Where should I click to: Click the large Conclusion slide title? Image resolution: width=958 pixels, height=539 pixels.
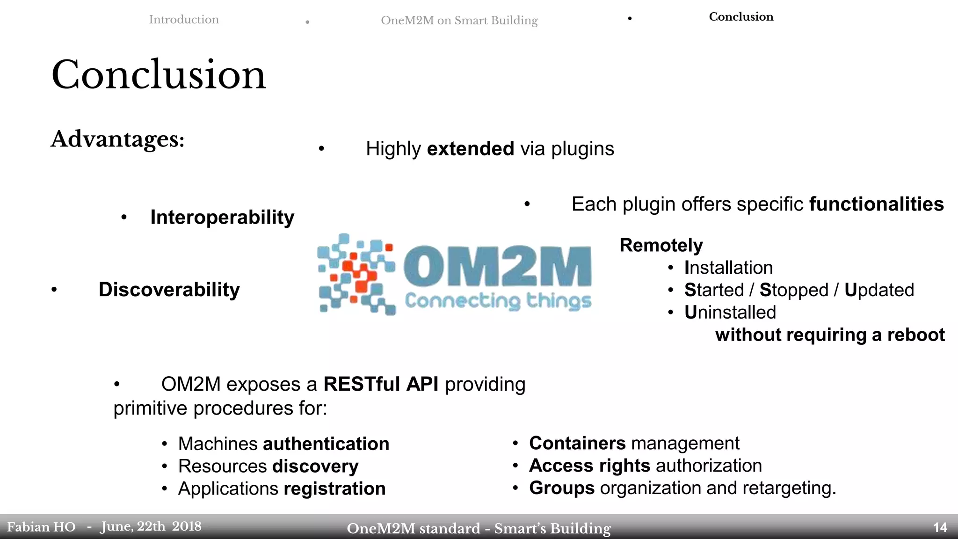pyautogui.click(x=159, y=75)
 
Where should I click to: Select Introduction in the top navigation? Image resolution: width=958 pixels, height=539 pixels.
pyautogui.click(x=184, y=20)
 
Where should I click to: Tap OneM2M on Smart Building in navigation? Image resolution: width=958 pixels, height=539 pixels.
pyautogui.click(x=459, y=21)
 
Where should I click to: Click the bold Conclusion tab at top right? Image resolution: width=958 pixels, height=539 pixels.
pyautogui.click(x=741, y=17)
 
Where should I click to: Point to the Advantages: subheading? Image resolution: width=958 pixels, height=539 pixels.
pyautogui.click(x=118, y=139)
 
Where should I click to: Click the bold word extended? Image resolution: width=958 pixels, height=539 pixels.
pyautogui.click(x=471, y=149)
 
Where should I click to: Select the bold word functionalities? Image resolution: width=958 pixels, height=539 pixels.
pyautogui.click(x=877, y=204)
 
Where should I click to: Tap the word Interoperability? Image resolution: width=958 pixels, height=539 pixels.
pyautogui.click(x=222, y=218)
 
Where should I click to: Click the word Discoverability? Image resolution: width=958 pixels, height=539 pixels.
pyautogui.click(x=169, y=290)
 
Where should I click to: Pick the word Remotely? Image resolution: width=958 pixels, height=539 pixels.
pyautogui.click(x=661, y=245)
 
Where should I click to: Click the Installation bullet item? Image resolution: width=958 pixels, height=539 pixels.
pyautogui.click(x=728, y=268)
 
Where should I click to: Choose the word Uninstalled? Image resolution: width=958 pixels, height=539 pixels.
pyautogui.click(x=730, y=313)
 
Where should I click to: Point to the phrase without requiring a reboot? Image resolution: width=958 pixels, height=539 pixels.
pyautogui.click(x=830, y=335)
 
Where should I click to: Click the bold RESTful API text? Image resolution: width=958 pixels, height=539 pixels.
pyautogui.click(x=381, y=384)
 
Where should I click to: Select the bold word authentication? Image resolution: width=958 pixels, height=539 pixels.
pyautogui.click(x=326, y=444)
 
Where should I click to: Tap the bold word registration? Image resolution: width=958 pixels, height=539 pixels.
pyautogui.click(x=334, y=488)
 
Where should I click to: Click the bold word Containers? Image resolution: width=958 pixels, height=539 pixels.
pyautogui.click(x=577, y=443)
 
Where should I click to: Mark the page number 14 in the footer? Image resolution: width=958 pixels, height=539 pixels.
pyautogui.click(x=940, y=528)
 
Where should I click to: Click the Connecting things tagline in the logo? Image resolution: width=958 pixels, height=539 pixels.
pyautogui.click(x=498, y=301)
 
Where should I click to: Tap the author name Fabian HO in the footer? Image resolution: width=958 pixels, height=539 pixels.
pyautogui.click(x=41, y=527)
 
